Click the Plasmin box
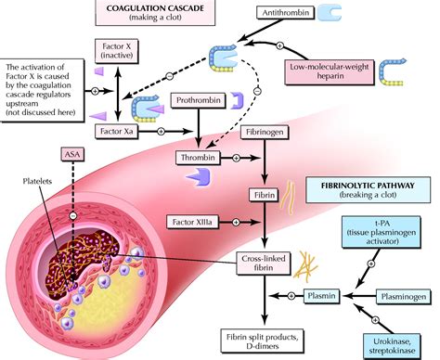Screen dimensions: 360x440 point(318,296)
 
